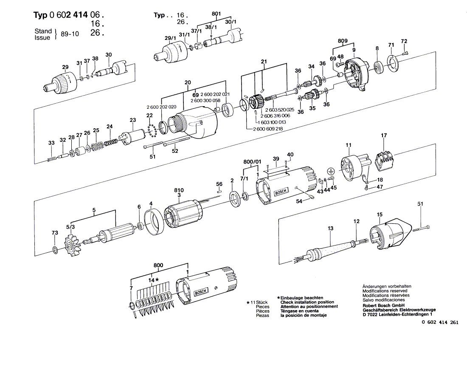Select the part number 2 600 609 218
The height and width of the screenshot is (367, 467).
pyautogui.click(x=270, y=129)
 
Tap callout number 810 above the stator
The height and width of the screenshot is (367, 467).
pyautogui.click(x=179, y=190)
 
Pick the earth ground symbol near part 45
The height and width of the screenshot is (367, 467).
pyautogui.click(x=333, y=170)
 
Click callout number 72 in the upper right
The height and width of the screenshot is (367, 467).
pyautogui.click(x=404, y=41)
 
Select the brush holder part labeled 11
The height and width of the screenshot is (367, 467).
pyautogui.click(x=352, y=167)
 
